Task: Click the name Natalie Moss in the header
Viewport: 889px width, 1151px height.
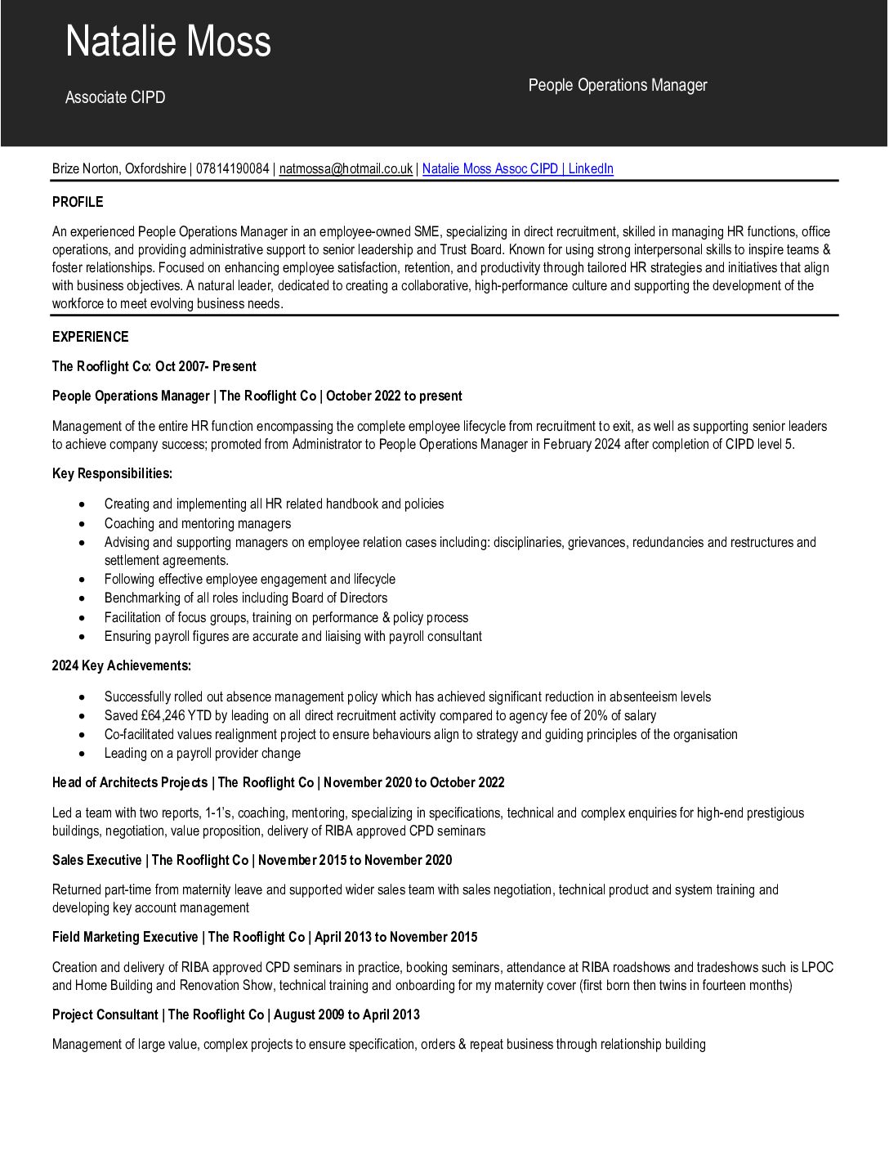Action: pyautogui.click(x=168, y=42)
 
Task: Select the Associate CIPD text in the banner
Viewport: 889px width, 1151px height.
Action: pyautogui.click(x=115, y=97)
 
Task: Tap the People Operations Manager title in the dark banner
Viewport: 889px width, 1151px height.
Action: pyautogui.click(x=617, y=85)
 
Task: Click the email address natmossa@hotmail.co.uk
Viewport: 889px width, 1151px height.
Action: pyautogui.click(x=346, y=168)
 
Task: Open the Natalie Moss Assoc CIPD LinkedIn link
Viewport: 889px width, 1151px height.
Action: pyautogui.click(x=517, y=168)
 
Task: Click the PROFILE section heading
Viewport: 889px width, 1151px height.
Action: pyautogui.click(x=78, y=202)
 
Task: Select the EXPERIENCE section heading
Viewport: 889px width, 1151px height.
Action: pyautogui.click(x=90, y=337)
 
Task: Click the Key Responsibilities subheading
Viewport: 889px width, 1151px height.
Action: pyautogui.click(x=112, y=473)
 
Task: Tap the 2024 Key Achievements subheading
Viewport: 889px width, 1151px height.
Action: pyautogui.click(x=121, y=665)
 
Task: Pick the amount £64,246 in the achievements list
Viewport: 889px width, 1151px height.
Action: pyautogui.click(x=163, y=715)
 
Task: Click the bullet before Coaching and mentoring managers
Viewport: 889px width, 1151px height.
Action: pyautogui.click(x=83, y=523)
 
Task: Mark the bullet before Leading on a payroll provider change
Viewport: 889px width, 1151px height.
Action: pyautogui.click(x=83, y=753)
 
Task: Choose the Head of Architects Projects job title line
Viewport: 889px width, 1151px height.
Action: pyautogui.click(x=278, y=782)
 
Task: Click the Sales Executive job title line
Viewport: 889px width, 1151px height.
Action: pyautogui.click(x=252, y=860)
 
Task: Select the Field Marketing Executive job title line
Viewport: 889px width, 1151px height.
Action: pyautogui.click(x=265, y=937)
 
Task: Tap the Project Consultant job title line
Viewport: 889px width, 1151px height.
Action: pyautogui.click(x=235, y=1014)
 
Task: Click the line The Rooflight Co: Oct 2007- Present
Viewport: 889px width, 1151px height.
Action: pyautogui.click(x=154, y=366)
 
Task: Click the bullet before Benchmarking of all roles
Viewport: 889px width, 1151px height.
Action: pyautogui.click(x=83, y=598)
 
